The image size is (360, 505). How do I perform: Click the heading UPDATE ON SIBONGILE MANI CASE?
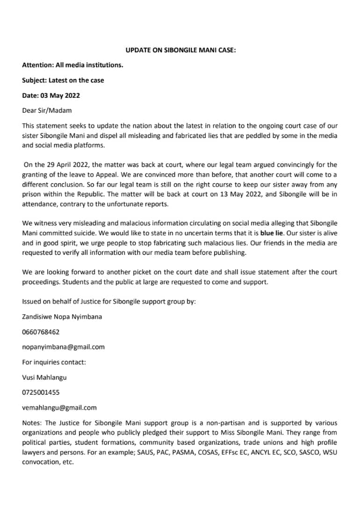coord(180,50)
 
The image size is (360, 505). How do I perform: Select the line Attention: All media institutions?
coord(72,65)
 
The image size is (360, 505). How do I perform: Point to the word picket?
coord(151,272)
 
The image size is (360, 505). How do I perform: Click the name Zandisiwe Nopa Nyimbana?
coord(62,317)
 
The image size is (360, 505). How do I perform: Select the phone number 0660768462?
coord(41,332)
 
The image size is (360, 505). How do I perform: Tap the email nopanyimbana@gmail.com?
coord(63,347)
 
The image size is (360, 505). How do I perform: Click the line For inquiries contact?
coord(54,362)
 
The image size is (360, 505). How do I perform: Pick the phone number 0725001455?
coord(41,392)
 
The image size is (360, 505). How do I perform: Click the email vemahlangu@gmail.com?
coord(59,408)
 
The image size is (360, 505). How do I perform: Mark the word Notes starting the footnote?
coord(32,423)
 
